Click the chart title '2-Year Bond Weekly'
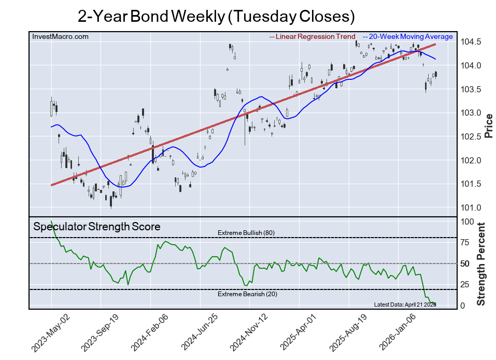[216, 16]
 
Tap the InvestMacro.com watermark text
[60, 36]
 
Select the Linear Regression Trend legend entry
[313, 37]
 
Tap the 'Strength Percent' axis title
[481, 264]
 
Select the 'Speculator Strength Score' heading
[97, 227]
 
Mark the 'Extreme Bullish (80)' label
[246, 233]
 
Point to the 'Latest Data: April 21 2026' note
[405, 304]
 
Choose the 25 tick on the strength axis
[465, 284]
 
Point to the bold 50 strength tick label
[465, 264]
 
